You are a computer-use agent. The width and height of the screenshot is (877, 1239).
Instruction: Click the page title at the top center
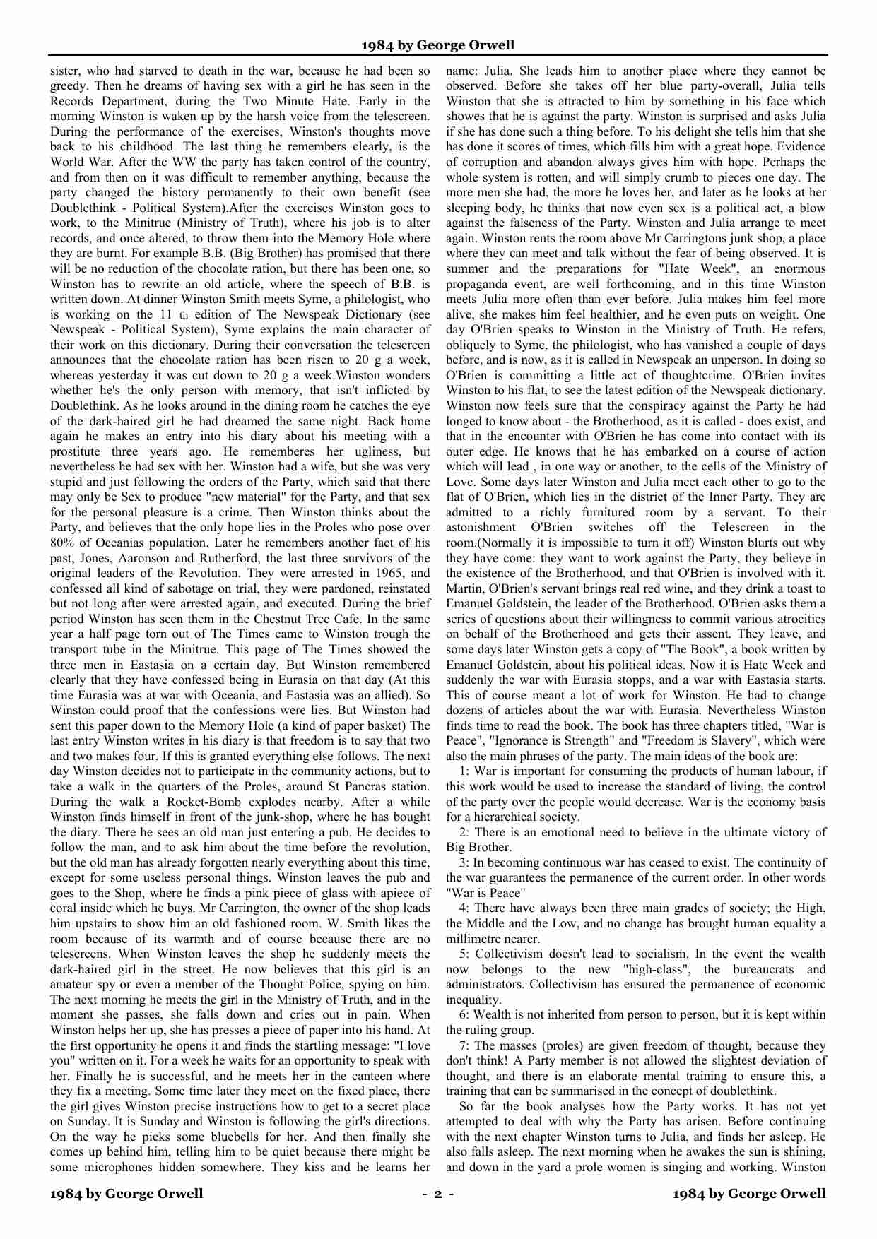[438, 45]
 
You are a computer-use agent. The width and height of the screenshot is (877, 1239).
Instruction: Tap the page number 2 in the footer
[438, 1194]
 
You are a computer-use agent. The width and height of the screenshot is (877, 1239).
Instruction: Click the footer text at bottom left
[126, 1194]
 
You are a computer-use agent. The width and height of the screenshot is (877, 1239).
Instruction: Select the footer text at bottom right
[749, 1194]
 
